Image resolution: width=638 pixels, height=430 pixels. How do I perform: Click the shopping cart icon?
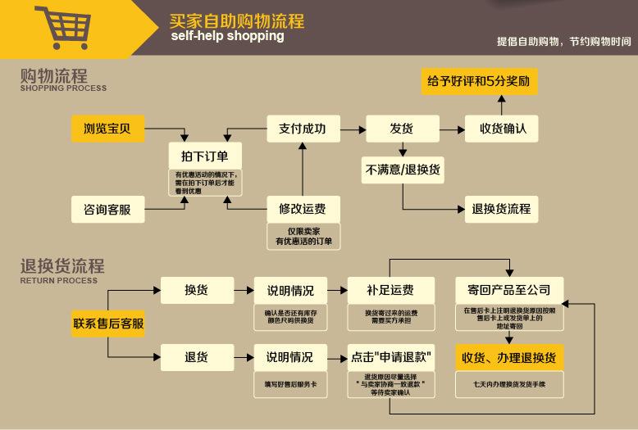pos(62,27)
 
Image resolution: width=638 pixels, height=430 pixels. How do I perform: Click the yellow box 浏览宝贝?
pos(107,129)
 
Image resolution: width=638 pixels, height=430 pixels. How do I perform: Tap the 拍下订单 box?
pos(198,156)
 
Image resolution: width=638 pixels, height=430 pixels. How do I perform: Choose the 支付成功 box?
pos(302,129)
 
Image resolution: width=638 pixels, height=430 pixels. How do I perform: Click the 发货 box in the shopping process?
pos(401,129)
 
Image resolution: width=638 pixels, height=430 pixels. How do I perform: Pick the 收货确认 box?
pos(503,129)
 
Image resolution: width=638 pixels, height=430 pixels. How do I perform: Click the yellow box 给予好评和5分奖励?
pos(478,81)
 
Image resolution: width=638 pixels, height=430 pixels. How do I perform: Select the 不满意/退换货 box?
pos(402,170)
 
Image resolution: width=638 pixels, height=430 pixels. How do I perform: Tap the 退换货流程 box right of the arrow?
pos(501,209)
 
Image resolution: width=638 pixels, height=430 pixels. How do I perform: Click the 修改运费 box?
pos(302,209)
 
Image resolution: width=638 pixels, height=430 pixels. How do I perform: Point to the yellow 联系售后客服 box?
pos(108,323)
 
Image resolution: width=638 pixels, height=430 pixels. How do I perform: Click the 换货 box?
pos(196,290)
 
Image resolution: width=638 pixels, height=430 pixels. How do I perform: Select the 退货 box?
pos(196,357)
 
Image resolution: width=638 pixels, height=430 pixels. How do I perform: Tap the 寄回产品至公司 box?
pos(508,290)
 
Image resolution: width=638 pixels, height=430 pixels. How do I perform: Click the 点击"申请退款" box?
pos(391,357)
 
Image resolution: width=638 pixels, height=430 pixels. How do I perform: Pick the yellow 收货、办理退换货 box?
pos(508,357)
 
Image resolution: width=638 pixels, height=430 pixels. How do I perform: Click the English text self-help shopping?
pos(227,36)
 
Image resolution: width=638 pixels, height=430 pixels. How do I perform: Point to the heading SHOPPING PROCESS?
pos(63,88)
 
